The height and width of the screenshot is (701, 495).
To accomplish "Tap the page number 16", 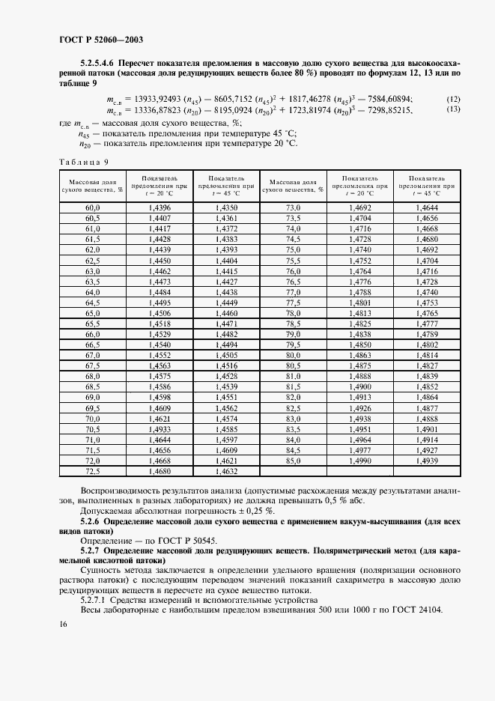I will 62,624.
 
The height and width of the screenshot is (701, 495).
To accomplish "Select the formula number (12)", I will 453,100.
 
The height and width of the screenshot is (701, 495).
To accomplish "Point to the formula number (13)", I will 453,109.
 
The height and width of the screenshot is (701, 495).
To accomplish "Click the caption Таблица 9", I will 83,161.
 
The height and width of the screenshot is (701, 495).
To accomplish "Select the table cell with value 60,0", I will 93,207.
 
